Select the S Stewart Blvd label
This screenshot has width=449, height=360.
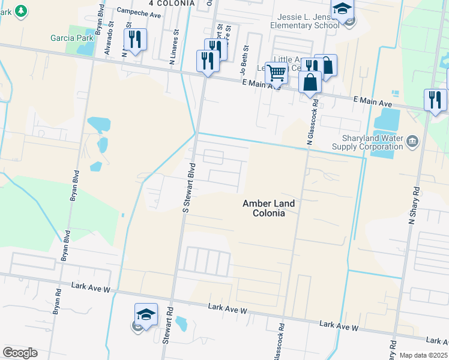click(x=189, y=187)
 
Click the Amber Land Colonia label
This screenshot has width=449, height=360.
click(x=268, y=208)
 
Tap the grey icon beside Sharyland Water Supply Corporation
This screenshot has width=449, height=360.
click(x=412, y=141)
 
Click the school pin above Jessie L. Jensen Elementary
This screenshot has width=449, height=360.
click(x=343, y=10)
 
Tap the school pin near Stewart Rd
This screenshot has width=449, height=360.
click(x=145, y=314)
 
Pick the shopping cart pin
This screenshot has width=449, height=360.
click(x=276, y=73)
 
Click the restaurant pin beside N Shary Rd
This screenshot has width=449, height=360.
click(x=435, y=100)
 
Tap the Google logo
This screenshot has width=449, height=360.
click(x=20, y=352)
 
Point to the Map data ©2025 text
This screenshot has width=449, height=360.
click(x=423, y=355)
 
